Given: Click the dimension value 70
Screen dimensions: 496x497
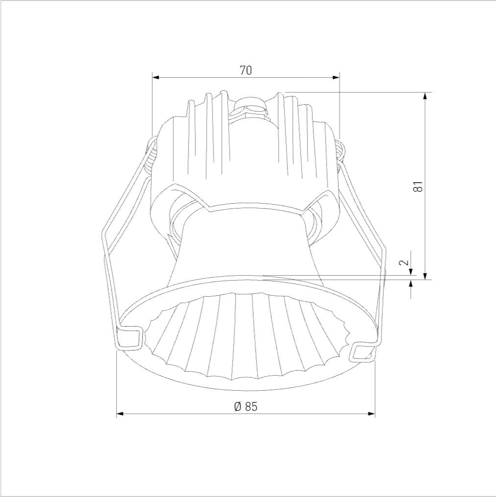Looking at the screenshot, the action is click(x=246, y=70).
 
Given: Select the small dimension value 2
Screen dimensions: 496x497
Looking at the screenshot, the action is click(x=404, y=262).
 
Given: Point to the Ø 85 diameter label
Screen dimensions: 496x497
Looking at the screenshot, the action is click(x=246, y=406).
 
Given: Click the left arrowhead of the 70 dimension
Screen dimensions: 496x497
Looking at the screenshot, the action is click(x=155, y=78).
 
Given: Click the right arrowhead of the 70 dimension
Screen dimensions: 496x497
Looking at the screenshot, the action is click(x=336, y=78).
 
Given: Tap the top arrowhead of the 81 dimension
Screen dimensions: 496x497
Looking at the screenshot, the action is click(x=425, y=95).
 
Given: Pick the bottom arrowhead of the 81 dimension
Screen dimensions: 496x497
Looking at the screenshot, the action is click(x=425, y=276).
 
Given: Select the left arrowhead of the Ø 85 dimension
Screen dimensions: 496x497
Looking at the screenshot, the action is click(x=120, y=413).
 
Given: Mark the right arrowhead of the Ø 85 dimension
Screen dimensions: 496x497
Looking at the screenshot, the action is click(x=372, y=413).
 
